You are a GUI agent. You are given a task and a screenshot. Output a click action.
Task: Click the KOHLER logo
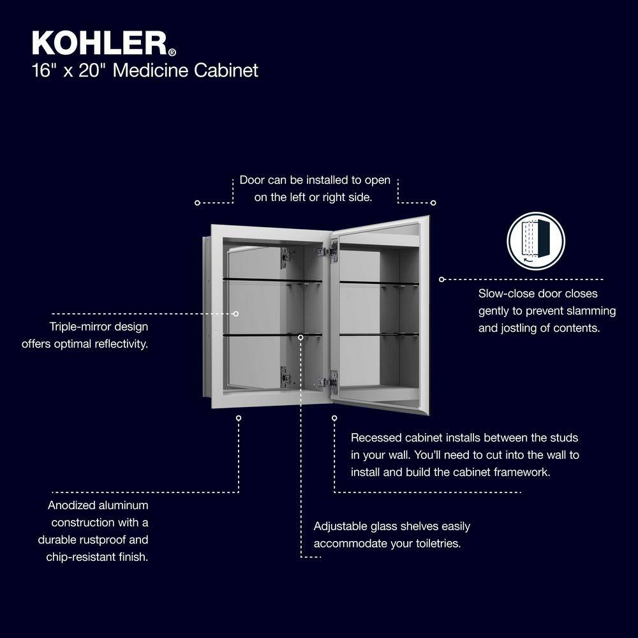click(104, 43)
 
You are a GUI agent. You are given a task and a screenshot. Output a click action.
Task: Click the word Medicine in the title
click(151, 70)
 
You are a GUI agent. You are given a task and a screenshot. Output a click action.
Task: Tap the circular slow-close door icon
click(536, 241)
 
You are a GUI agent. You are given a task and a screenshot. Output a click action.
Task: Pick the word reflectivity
click(123, 345)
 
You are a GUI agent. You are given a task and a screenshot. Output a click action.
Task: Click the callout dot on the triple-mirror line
click(235, 314)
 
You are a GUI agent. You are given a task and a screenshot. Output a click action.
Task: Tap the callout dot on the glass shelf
click(300, 338)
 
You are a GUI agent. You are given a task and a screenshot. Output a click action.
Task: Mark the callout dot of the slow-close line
click(442, 279)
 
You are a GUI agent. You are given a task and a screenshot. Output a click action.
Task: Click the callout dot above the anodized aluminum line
click(239, 419)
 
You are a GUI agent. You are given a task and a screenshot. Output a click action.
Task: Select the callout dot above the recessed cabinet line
click(334, 419)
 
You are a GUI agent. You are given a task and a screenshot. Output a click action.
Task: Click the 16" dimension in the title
click(43, 70)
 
